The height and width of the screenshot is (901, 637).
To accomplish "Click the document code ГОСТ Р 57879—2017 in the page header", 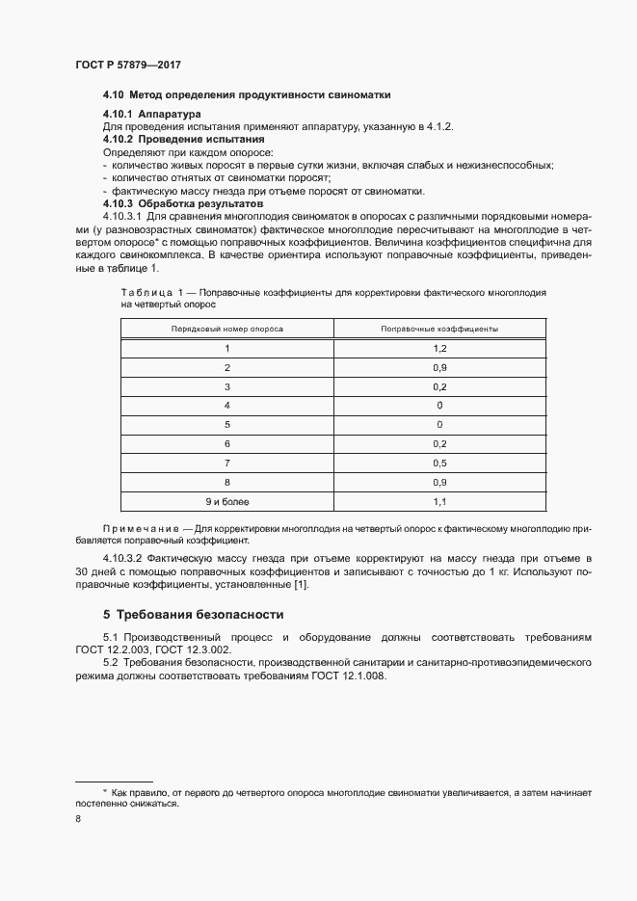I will click(x=128, y=65).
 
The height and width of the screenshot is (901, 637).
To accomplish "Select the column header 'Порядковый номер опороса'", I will click(x=227, y=329).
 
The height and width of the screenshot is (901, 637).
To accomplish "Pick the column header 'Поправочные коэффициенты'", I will click(x=439, y=329).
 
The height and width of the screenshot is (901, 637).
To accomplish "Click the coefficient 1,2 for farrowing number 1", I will click(x=439, y=349).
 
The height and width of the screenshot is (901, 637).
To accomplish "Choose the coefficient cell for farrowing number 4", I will click(x=439, y=406).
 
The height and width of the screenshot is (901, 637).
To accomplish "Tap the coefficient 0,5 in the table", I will click(x=439, y=463).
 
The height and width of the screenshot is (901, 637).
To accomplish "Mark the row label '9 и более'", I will click(x=227, y=501).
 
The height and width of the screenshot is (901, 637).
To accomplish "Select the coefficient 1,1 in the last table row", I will click(x=439, y=501).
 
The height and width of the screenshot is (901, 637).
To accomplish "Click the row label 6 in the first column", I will click(x=227, y=443).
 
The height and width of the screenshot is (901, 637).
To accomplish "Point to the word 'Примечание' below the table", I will click(x=140, y=531).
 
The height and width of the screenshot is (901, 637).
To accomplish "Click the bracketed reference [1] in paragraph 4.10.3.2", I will click(x=300, y=584).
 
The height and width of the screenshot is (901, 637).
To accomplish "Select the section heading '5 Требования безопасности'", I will click(x=193, y=614).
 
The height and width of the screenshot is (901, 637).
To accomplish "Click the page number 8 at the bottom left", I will click(x=78, y=818).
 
